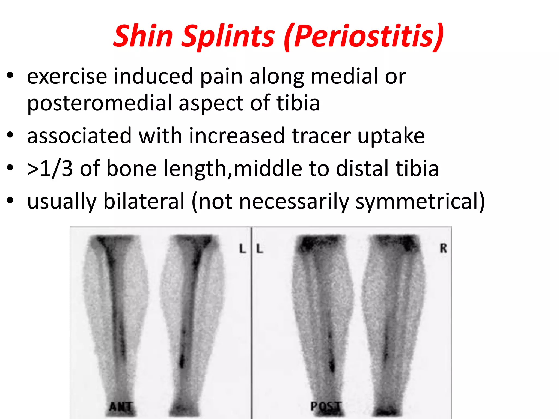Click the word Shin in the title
tap(143, 36)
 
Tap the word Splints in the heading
tap(228, 37)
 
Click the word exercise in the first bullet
tap(67, 76)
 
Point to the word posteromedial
tap(99, 103)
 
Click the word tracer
tap(321, 136)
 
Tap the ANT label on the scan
tap(121, 407)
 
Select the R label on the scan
tap(443, 249)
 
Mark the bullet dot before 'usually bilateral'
tap(10, 201)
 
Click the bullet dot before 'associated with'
tap(10, 135)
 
